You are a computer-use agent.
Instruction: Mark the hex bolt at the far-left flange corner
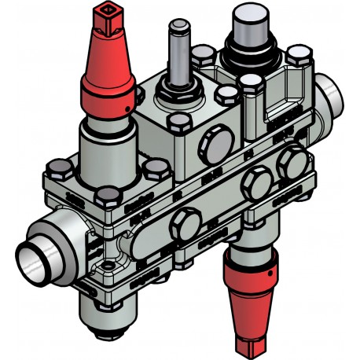click(57, 168)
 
